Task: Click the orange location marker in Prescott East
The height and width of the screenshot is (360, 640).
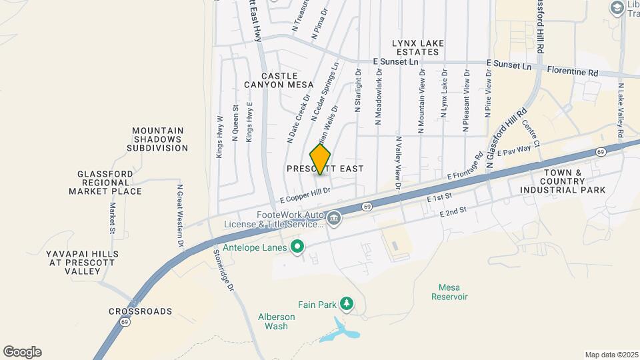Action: tap(320, 159)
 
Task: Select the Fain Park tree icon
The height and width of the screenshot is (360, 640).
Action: tap(346, 304)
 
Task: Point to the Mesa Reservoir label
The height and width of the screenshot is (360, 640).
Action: tap(453, 292)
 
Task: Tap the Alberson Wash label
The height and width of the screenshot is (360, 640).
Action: tap(273, 321)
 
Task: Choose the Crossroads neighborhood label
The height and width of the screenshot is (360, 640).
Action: tap(140, 311)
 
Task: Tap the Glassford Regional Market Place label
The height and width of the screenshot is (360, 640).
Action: tap(105, 183)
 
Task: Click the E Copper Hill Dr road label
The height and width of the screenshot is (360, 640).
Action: tap(305, 195)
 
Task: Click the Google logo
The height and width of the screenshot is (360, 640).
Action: tap(22, 352)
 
